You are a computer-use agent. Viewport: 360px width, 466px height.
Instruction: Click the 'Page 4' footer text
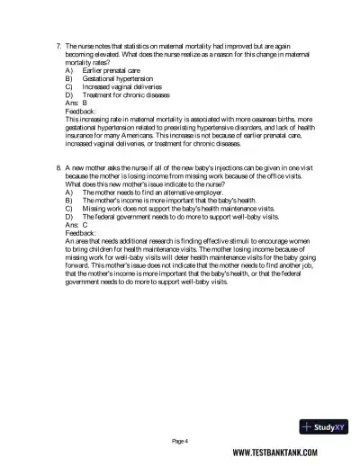pyautogui.click(x=180, y=441)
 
